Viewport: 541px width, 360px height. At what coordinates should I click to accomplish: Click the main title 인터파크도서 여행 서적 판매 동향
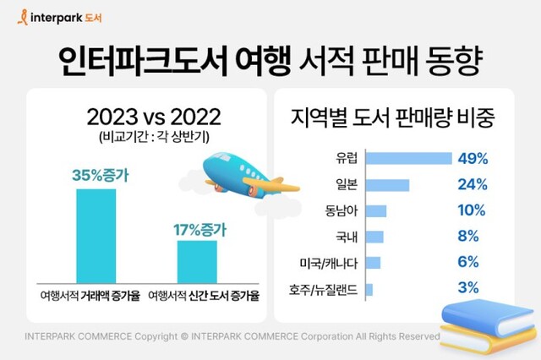270,59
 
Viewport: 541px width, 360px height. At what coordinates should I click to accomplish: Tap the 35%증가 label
96,176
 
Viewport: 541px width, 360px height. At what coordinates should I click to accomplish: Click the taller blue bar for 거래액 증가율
96,236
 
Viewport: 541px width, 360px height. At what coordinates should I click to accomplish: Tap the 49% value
472,158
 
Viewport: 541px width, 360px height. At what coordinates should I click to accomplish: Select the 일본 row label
347,184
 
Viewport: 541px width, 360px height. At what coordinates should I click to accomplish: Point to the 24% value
472,184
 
